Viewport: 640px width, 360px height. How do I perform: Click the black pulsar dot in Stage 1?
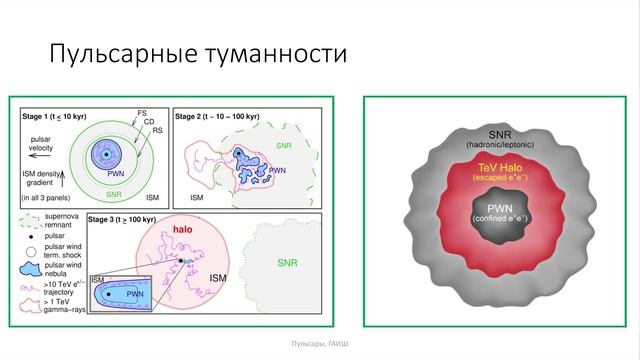(x=105, y=153)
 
